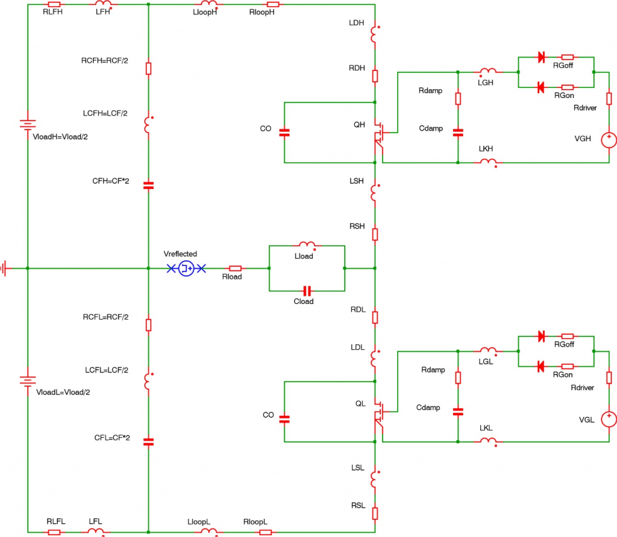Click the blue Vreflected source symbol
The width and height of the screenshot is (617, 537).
tap(186, 268)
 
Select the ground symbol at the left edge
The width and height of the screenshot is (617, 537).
tap(4, 268)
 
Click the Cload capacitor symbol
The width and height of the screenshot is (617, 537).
tap(307, 291)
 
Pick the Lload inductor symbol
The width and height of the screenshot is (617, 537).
tap(307, 245)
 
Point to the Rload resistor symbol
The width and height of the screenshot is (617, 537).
tap(235, 268)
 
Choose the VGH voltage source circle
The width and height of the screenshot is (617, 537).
tap(609, 140)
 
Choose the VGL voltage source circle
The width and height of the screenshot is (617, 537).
tap(609, 419)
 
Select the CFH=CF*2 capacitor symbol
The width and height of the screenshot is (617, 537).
tap(148, 185)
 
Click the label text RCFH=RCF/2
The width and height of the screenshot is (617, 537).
tap(105, 61)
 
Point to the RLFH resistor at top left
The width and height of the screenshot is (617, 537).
tap(54, 4)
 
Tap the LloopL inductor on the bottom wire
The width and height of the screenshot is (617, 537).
tap(209, 532)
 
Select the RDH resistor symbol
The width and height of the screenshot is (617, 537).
tap(375, 76)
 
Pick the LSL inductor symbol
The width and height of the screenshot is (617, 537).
tap(374, 479)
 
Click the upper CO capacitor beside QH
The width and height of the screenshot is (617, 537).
tap(284, 133)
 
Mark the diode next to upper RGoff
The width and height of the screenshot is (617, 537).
tap(542, 57)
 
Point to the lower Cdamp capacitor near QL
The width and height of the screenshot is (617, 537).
tap(458, 412)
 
